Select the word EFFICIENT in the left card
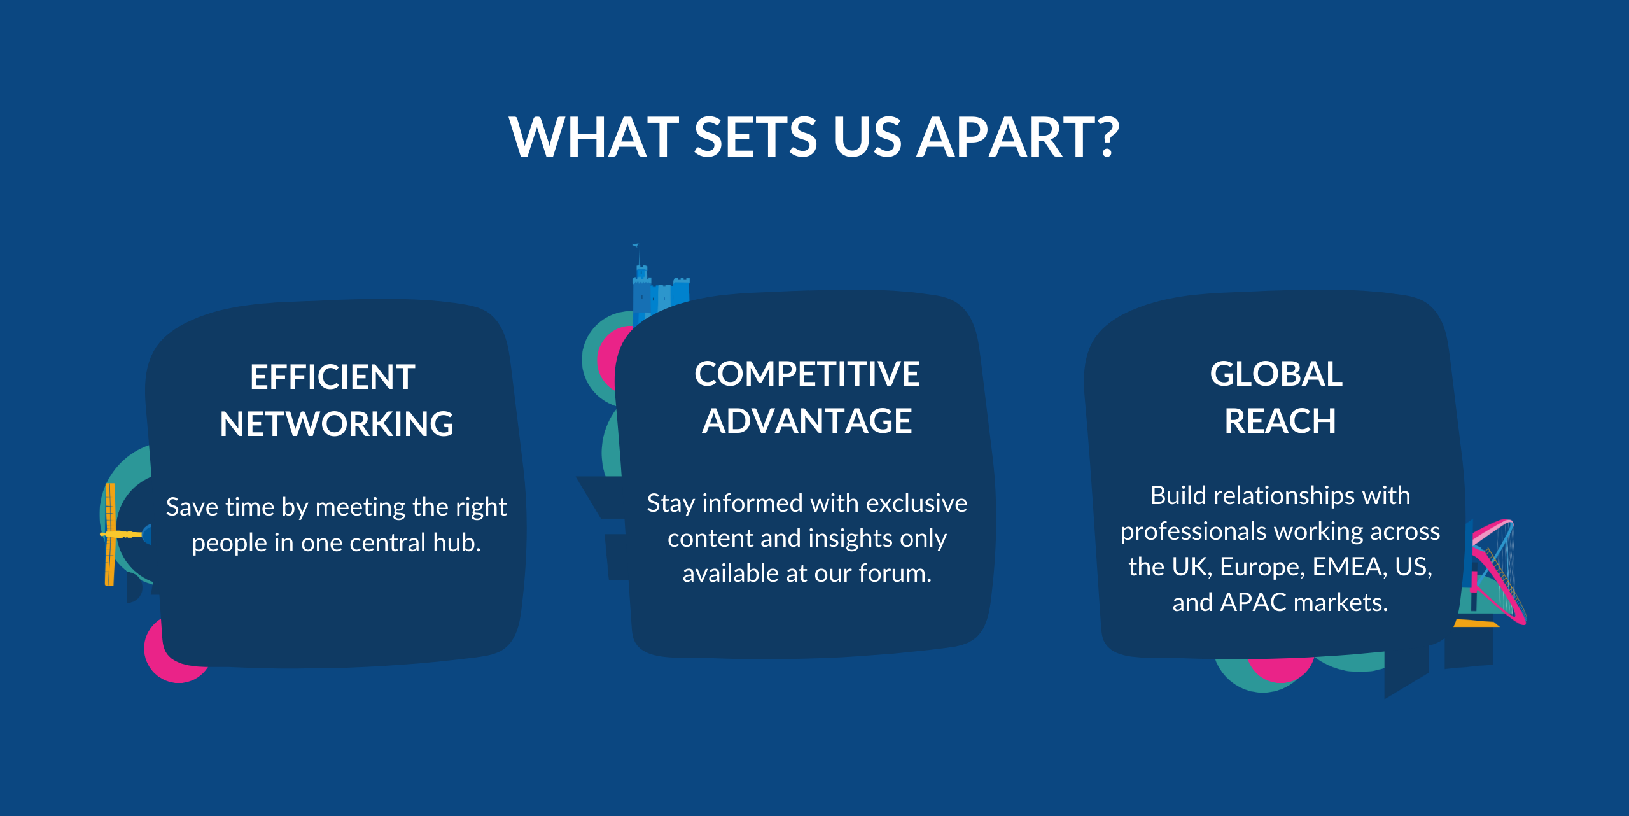tap(332, 377)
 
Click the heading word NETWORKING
tap(337, 424)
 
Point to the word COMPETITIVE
tap(807, 374)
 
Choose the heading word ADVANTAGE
tap(807, 421)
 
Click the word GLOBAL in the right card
tap(1276, 374)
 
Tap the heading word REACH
tap(1280, 421)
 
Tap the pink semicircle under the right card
tap(1280, 668)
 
